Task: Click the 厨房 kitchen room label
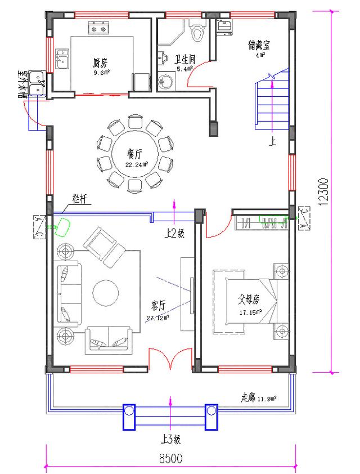101,62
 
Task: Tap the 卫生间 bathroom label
184,59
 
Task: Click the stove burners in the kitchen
100,26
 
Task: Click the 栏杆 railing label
79,198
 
